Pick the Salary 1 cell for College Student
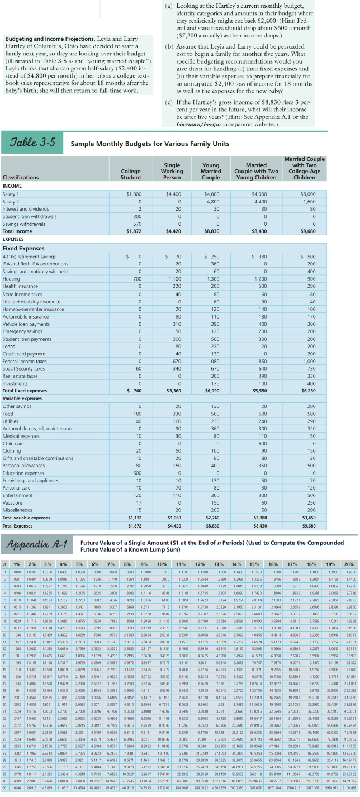tap(135, 193)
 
